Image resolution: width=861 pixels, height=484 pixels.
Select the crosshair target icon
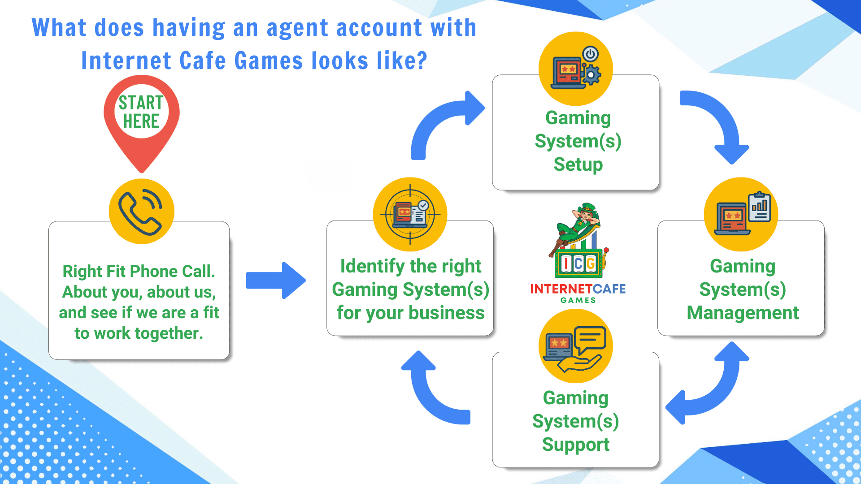(x=410, y=214)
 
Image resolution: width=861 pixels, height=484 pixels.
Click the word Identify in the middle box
(x=372, y=266)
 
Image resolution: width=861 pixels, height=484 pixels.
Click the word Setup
(x=578, y=164)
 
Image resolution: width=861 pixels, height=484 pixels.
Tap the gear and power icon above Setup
(x=576, y=69)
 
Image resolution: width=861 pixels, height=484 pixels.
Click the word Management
(x=743, y=313)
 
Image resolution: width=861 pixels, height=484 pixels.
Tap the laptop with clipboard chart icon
(x=741, y=214)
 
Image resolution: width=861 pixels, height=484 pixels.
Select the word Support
(x=575, y=445)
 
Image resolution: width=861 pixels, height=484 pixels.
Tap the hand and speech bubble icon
(x=575, y=346)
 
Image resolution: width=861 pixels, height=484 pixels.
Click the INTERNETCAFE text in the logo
(x=578, y=289)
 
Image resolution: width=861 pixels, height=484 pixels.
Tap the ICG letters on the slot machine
(x=578, y=264)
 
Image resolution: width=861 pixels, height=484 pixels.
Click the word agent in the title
(x=297, y=28)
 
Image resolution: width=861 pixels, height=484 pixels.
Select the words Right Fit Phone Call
(x=139, y=271)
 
